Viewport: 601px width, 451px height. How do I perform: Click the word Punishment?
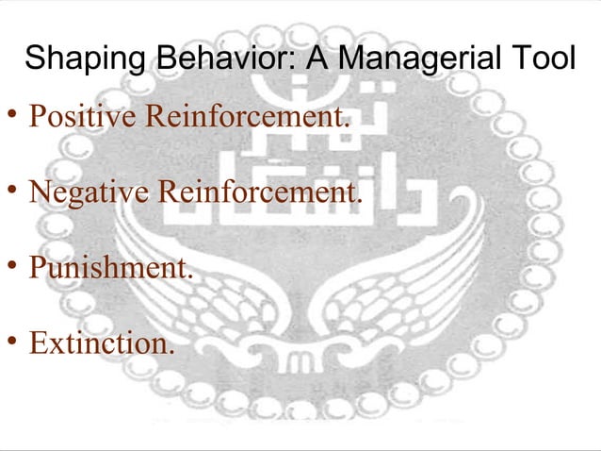pyautogui.click(x=108, y=267)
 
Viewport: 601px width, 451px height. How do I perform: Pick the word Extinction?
pyautogui.click(x=99, y=342)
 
